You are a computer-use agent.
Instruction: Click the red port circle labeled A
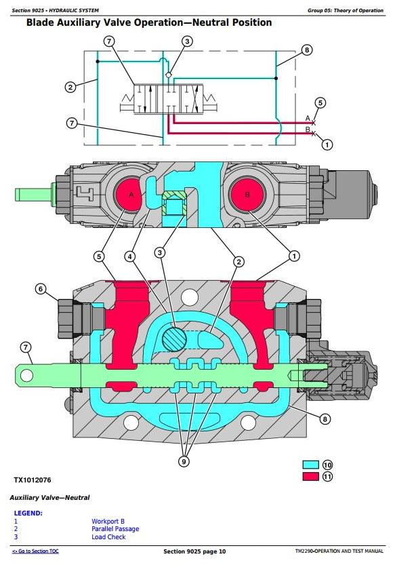[129, 195]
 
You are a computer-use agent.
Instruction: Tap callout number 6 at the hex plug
[41, 289]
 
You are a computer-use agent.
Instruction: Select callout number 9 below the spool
[184, 462]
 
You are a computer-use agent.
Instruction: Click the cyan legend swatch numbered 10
[311, 465]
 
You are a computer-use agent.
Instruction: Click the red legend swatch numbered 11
[311, 476]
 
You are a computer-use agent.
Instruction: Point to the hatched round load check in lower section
[175, 339]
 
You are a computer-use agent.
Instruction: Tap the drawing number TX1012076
[33, 480]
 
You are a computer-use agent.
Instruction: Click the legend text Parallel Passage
[115, 529]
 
